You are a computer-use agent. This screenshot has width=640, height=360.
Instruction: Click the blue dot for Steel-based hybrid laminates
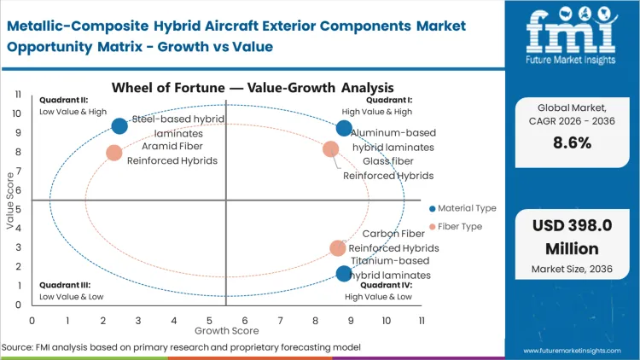[x=119, y=126]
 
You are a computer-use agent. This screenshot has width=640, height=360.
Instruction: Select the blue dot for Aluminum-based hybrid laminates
[x=344, y=128]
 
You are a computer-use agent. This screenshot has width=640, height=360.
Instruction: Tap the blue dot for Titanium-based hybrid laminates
[x=344, y=274]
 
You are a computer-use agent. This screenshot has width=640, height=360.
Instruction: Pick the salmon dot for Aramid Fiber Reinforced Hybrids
[x=114, y=154]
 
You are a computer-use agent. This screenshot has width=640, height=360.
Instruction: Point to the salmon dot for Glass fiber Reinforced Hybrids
[x=331, y=149]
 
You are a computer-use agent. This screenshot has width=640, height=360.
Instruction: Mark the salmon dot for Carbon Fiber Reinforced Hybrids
[x=338, y=248]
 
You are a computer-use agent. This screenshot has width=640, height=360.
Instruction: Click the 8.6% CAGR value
[x=572, y=143]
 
